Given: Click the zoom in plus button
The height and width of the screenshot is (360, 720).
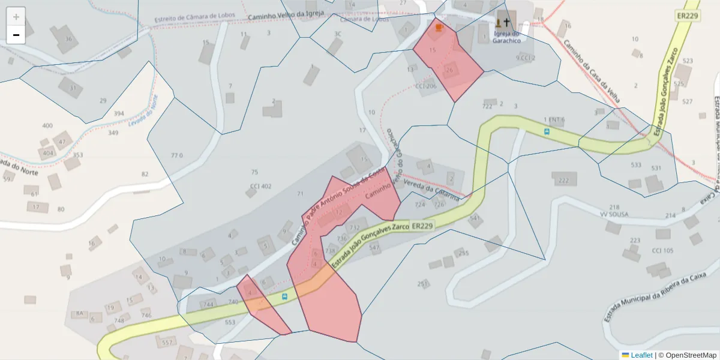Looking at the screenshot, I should [x=16, y=17].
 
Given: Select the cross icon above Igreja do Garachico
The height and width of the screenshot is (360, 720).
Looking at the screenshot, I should [x=506, y=23].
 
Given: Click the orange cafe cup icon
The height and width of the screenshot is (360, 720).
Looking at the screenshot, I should [x=439, y=27].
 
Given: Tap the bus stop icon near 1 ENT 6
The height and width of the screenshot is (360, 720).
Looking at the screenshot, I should [x=546, y=131].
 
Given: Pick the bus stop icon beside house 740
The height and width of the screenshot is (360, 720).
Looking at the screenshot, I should [x=284, y=296].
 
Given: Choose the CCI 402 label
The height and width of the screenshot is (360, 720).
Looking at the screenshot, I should [x=260, y=186].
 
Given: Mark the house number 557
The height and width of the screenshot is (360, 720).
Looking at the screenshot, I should [x=167, y=343].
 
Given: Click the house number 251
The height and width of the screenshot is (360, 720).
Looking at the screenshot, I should [x=422, y=283].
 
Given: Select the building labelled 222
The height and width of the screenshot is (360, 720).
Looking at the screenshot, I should [x=563, y=179].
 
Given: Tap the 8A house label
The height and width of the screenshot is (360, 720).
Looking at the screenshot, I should [x=79, y=313].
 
